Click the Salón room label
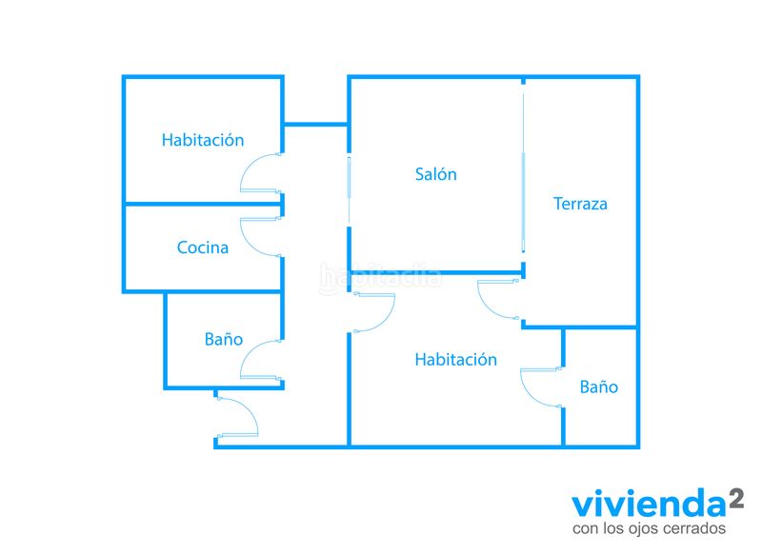tap(436, 174)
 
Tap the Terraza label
tap(580, 204)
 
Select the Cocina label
tap(203, 248)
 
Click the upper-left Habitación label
tap(203, 140)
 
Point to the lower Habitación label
tap(456, 359)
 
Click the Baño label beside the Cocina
tap(224, 339)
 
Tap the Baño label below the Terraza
tap(599, 387)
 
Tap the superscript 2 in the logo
tap(736, 499)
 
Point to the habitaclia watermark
tap(380, 278)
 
